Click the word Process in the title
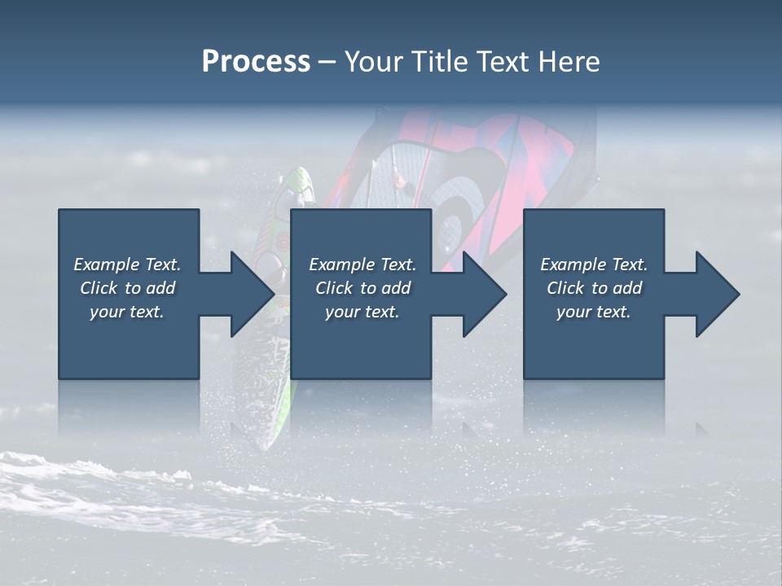click(x=256, y=62)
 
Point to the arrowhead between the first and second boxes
click(x=248, y=294)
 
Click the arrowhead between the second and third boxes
click(x=481, y=294)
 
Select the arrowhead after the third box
click(x=714, y=294)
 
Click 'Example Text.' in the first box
click(x=127, y=265)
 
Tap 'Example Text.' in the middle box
click(x=362, y=265)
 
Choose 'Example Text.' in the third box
click(x=594, y=265)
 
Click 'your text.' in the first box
click(x=127, y=312)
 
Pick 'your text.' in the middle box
click(x=362, y=312)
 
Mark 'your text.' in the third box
click(x=594, y=312)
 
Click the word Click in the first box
click(x=99, y=288)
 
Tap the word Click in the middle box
click(x=334, y=288)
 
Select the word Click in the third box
click(x=565, y=288)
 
